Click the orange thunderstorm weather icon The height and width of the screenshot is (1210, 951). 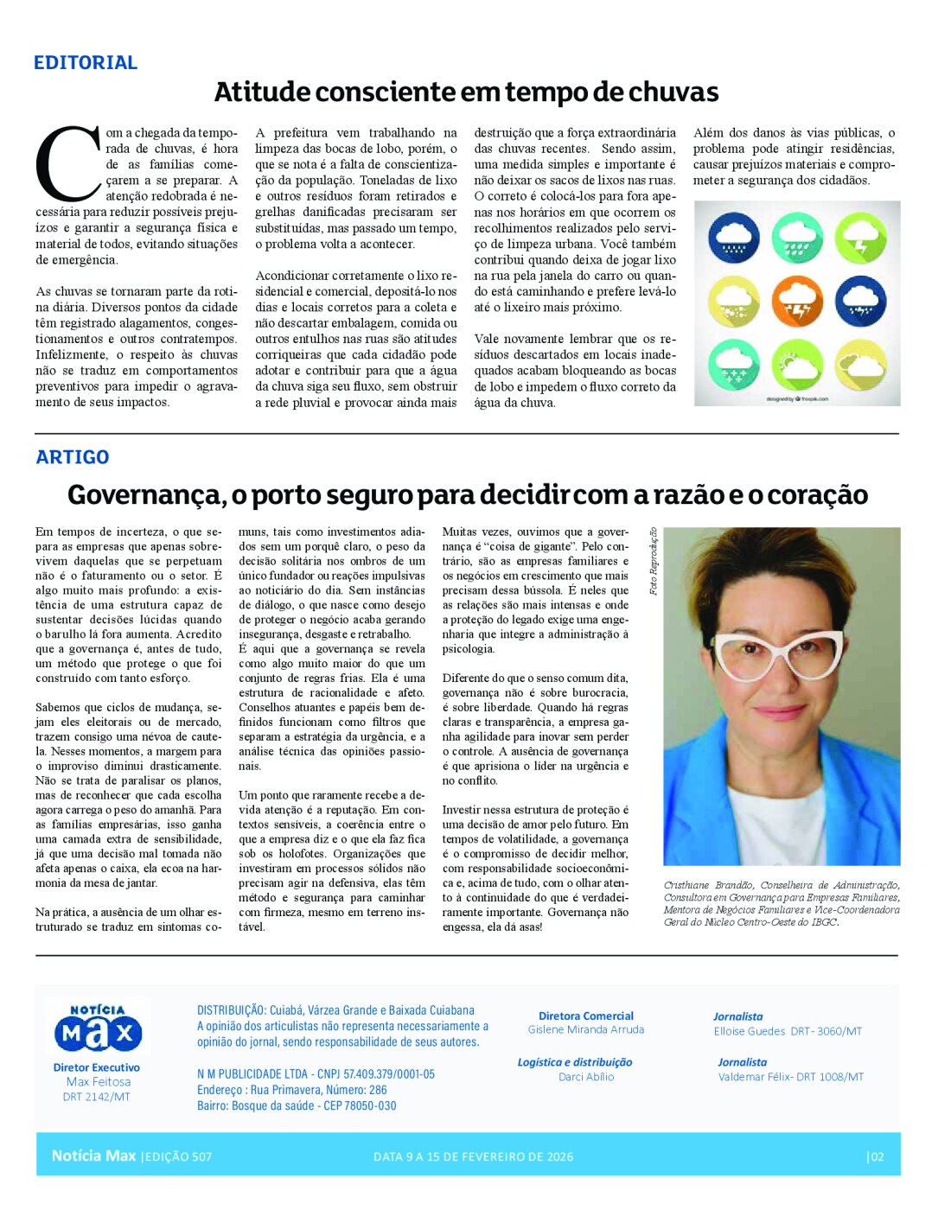(797, 302)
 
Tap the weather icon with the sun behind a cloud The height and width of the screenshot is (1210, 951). (797, 366)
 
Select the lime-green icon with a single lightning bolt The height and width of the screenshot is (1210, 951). (860, 239)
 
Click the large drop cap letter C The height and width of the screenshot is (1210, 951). (67, 164)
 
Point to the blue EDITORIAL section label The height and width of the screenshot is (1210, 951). (86, 62)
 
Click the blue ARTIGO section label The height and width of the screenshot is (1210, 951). (73, 457)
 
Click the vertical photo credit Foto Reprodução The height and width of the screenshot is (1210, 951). (654, 561)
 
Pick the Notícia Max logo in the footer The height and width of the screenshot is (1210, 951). (98, 1028)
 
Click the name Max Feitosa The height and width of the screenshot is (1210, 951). (99, 1082)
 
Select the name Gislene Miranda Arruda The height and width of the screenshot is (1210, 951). (586, 1029)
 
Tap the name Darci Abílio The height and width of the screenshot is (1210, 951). (586, 1077)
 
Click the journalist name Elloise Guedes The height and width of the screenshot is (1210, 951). (750, 1031)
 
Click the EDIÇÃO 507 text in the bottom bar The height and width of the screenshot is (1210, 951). (177, 1156)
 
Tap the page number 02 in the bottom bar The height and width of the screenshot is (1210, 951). (876, 1156)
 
